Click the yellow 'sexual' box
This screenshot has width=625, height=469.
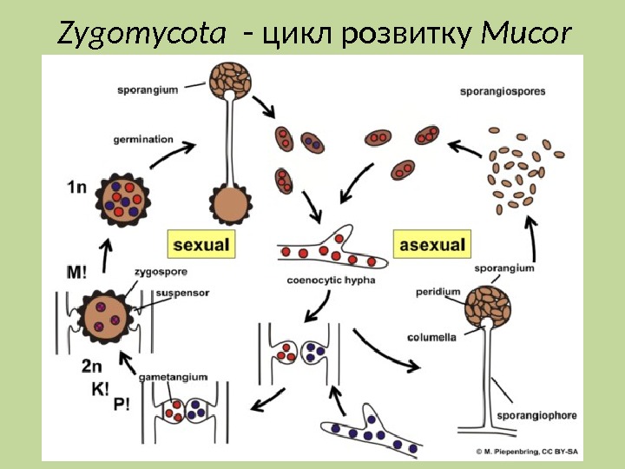click(201, 244)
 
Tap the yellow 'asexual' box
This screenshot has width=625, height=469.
click(432, 244)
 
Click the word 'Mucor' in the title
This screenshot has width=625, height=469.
click(527, 34)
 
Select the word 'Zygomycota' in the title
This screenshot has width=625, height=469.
click(143, 34)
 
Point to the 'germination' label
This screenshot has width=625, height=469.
click(143, 139)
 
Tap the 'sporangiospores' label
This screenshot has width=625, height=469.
click(503, 90)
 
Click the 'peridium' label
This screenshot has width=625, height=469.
click(437, 292)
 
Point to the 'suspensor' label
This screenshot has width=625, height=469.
click(182, 293)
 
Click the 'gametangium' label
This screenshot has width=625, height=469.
click(176, 377)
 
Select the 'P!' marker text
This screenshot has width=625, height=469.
click(122, 404)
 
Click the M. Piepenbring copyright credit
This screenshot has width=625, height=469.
click(526, 451)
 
